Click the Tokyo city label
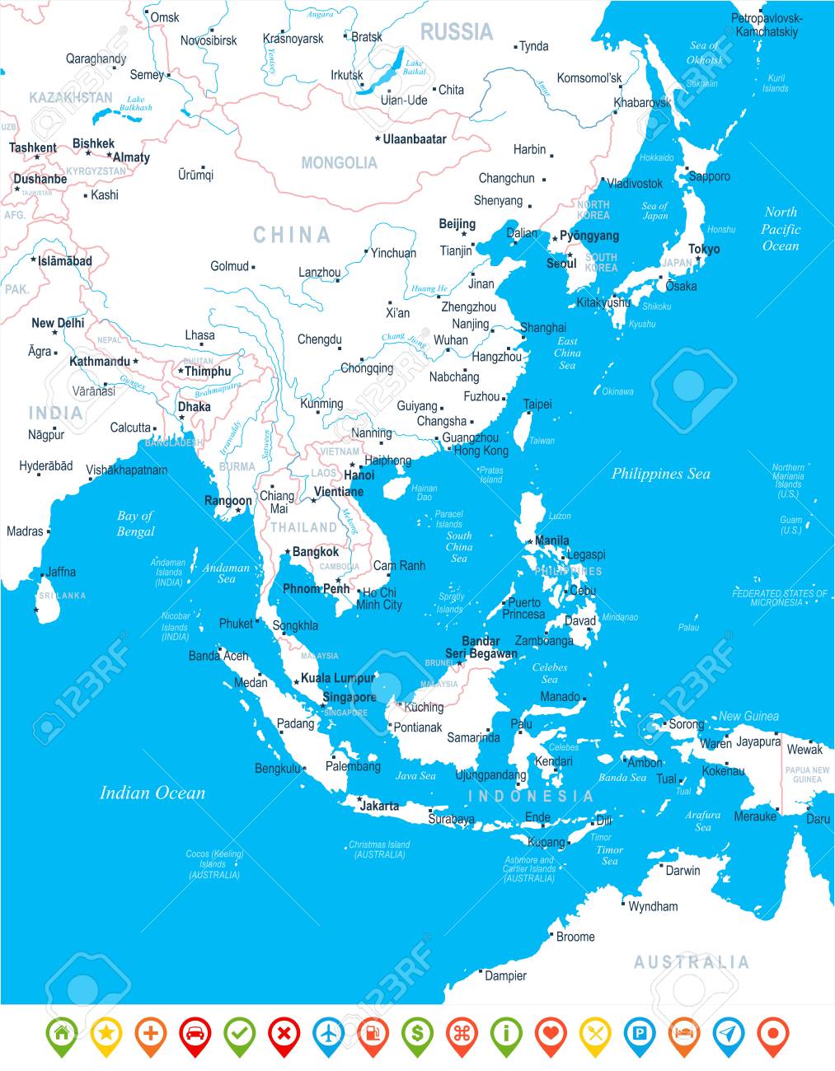pyautogui.click(x=704, y=249)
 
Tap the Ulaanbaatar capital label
pyautogui.click(x=415, y=139)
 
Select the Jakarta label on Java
pyautogui.click(x=379, y=806)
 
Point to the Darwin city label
pyautogui.click(x=683, y=870)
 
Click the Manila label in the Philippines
pyautogui.click(x=552, y=540)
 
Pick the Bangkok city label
pyautogui.click(x=316, y=551)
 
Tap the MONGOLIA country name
pyautogui.click(x=339, y=163)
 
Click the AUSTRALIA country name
pyautogui.click(x=691, y=962)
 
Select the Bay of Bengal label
pyautogui.click(x=135, y=523)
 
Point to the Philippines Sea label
pyautogui.click(x=660, y=474)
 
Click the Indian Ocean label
pyautogui.click(x=152, y=793)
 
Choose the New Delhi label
pyautogui.click(x=58, y=323)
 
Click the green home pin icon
pyautogui.click(x=60, y=1032)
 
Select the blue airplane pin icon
pyautogui.click(x=328, y=1032)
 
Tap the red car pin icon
pyautogui.click(x=194, y=1032)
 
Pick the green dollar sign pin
pyautogui.click(x=417, y=1032)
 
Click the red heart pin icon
pyautogui.click(x=551, y=1032)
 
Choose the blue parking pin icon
pyautogui.click(x=640, y=1032)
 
